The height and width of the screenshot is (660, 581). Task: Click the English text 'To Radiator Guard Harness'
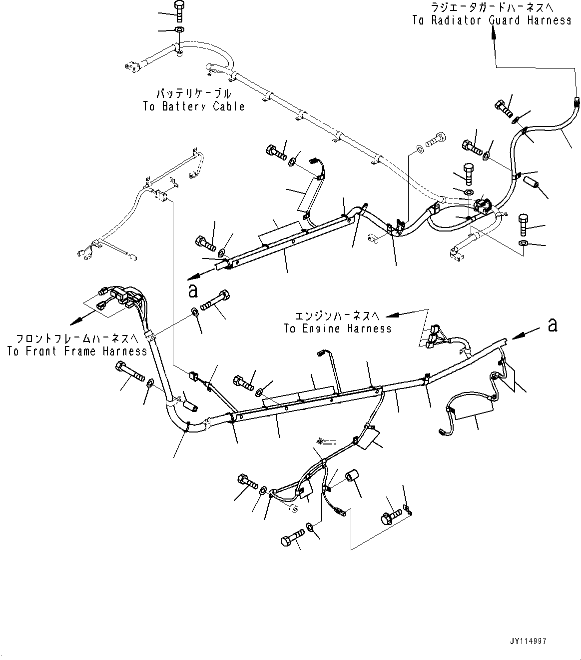(492, 20)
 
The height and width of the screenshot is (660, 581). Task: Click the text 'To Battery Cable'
(194, 106)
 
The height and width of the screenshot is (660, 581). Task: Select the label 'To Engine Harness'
(338, 329)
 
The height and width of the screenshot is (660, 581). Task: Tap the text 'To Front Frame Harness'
(77, 351)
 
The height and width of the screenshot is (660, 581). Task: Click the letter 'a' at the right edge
(552, 325)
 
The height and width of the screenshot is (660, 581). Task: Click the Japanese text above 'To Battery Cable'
(194, 93)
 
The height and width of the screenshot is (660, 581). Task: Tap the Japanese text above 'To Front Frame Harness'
(77, 338)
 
